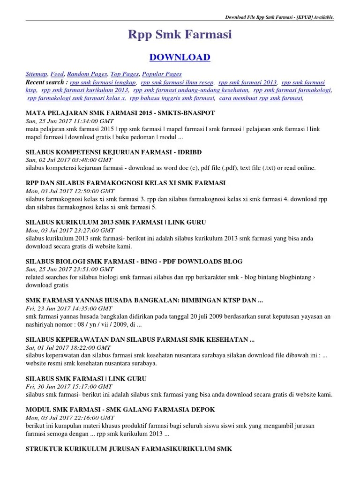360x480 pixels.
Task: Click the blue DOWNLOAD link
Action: click(180, 57)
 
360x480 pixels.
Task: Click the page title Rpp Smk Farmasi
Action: click(180, 34)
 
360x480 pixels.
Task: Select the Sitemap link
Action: click(36, 74)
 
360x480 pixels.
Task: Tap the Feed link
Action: click(57, 74)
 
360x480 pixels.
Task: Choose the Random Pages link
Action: click(87, 74)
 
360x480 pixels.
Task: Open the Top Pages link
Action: click(124, 74)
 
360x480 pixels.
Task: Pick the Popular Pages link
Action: click(162, 74)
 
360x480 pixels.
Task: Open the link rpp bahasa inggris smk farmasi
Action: click(172, 98)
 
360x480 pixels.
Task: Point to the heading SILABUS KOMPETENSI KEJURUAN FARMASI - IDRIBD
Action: click(113, 152)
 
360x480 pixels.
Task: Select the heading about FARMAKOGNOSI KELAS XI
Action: click(125, 183)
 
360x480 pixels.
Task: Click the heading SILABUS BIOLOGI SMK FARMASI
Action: click(134, 262)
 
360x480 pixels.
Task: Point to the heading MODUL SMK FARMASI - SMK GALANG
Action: click(120, 410)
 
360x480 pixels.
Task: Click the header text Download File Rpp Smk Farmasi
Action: click(280, 17)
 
